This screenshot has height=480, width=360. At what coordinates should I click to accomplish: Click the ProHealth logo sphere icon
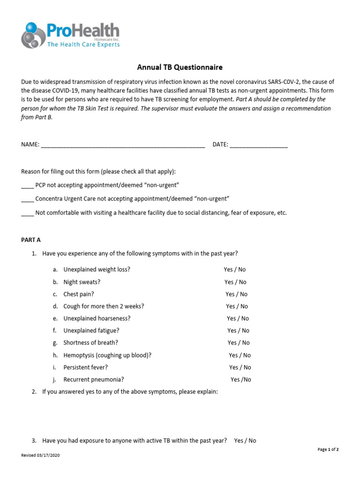[32, 36]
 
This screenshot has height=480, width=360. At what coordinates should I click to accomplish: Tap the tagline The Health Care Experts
[83, 45]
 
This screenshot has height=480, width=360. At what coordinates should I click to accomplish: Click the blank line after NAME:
[123, 145]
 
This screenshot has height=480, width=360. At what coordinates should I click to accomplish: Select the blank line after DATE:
[259, 145]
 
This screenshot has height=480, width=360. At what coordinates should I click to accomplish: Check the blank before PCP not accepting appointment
[27, 186]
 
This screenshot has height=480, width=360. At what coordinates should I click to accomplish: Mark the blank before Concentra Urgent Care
[27, 199]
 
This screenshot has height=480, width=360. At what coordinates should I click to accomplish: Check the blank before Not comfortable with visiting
[27, 212]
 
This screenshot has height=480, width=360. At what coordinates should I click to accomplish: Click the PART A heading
[31, 240]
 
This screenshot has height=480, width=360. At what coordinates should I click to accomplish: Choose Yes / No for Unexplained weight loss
[234, 270]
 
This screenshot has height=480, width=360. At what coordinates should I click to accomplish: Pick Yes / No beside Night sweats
[235, 282]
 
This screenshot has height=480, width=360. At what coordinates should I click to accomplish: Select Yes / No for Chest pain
[236, 294]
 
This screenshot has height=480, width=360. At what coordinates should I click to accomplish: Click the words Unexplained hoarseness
[97, 318]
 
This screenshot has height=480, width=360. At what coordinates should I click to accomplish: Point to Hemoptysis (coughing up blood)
[107, 355]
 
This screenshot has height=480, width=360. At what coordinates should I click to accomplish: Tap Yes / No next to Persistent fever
[240, 367]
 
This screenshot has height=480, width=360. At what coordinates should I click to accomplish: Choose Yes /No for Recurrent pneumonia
[240, 380]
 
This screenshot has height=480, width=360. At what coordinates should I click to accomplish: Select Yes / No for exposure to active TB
[245, 441]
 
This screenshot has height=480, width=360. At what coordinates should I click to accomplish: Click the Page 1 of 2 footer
[328, 450]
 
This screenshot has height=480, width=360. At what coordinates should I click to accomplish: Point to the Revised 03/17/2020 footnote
[41, 456]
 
